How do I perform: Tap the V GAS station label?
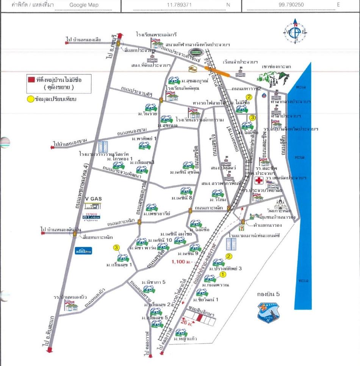pyautogui.click(x=94, y=198)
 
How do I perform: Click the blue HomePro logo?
pyautogui.click(x=83, y=250)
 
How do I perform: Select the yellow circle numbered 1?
pyautogui.click(x=223, y=274)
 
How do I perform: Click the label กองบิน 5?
pyautogui.click(x=268, y=294)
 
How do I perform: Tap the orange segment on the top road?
pyautogui.click(x=217, y=72)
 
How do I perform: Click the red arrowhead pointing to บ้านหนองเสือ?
pyautogui.click(x=67, y=43)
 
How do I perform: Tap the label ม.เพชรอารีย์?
pyautogui.click(x=157, y=214)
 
